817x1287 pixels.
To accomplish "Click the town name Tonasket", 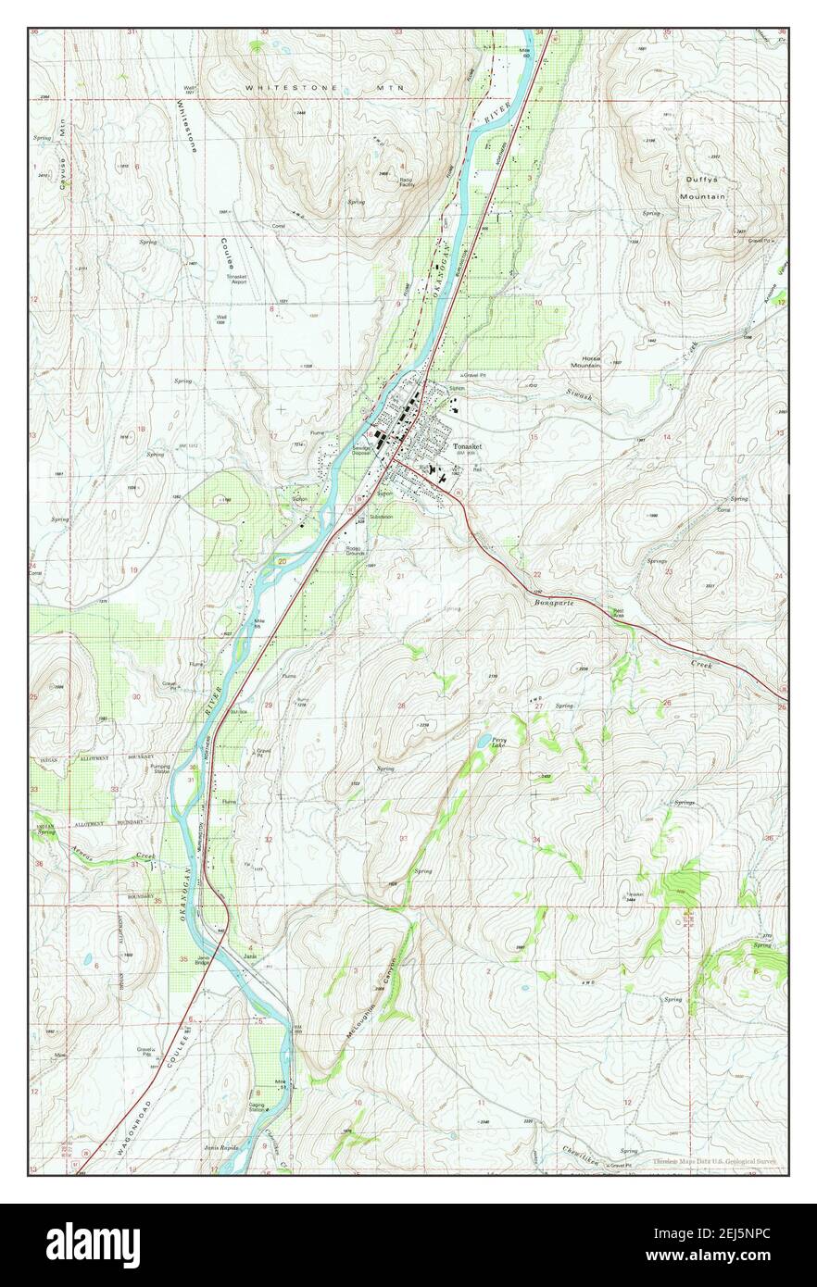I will point(469,445).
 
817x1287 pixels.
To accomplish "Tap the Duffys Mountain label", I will point(701,188).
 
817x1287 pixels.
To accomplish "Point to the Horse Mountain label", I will point(585,361).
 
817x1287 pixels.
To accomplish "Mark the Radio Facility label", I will point(407,182).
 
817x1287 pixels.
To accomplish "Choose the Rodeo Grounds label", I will point(352,550).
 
